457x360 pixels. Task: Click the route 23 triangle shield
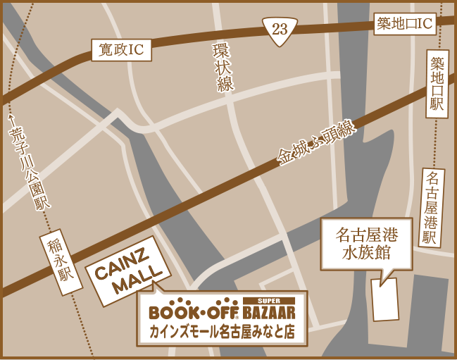280,29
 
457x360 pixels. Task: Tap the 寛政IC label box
121,49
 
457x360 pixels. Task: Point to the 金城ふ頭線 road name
317,144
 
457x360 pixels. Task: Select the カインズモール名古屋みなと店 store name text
221,331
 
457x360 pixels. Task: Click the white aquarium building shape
384,299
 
